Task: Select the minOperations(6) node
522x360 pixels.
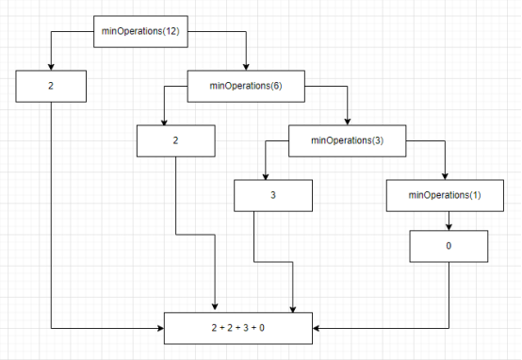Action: click(246, 87)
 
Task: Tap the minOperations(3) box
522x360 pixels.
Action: click(346, 140)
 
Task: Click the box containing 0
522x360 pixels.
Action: click(449, 245)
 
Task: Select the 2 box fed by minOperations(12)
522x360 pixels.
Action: click(51, 86)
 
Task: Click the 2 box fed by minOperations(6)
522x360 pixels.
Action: click(176, 140)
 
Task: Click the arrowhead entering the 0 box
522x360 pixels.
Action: click(449, 227)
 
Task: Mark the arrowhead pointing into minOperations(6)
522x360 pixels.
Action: click(246, 67)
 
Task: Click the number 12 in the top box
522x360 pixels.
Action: click(171, 32)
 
